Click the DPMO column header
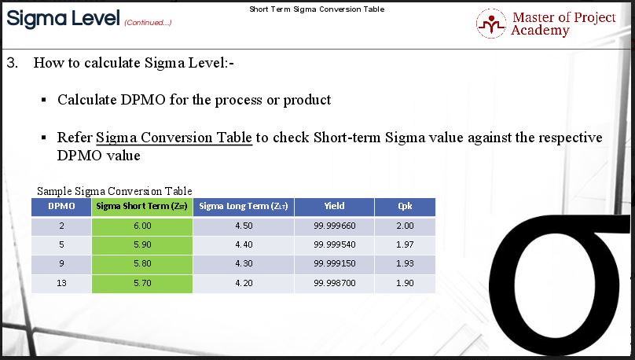(x=61, y=207)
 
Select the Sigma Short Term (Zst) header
(x=142, y=207)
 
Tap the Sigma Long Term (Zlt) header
(x=244, y=207)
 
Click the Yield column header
(x=334, y=207)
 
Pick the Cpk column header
(x=405, y=207)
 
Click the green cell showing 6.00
(x=142, y=226)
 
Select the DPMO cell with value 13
(x=61, y=283)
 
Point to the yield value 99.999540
(x=335, y=244)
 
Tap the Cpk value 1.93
(x=405, y=263)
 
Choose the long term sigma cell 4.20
(x=244, y=283)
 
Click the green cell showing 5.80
(x=142, y=263)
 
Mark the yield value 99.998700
(x=335, y=283)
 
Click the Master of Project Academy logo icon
(x=491, y=24)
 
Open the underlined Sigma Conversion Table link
(x=174, y=138)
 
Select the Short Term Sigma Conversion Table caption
(x=317, y=9)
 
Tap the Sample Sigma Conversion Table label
(x=115, y=191)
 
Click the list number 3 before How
(x=12, y=63)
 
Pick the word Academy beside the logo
(x=540, y=31)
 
